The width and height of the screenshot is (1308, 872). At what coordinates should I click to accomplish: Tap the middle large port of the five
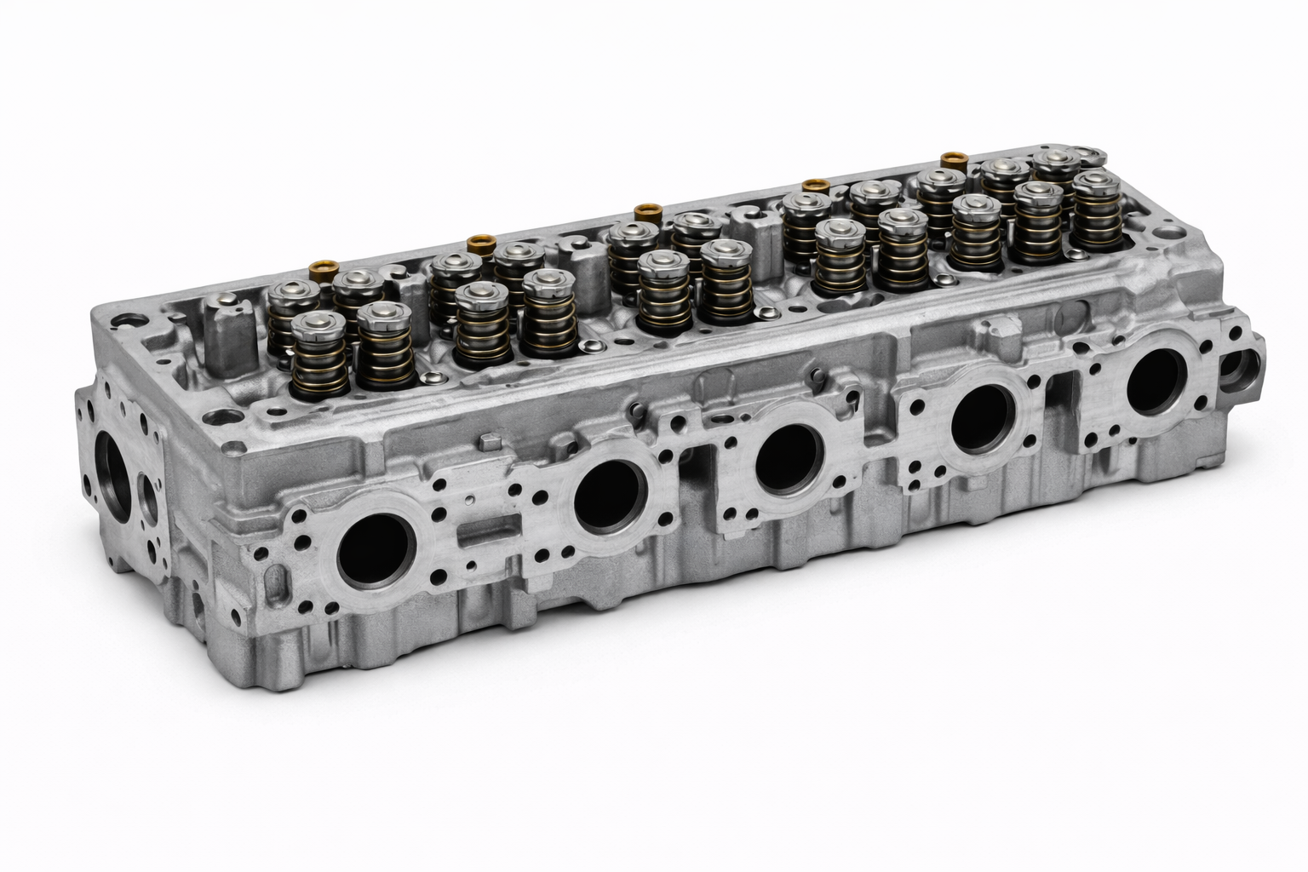point(789,458)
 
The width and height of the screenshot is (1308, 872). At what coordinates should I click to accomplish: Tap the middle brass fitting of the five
point(649,212)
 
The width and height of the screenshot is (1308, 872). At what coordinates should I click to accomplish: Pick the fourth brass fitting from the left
point(816,186)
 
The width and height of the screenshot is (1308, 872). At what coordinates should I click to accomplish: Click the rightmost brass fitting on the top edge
point(951,159)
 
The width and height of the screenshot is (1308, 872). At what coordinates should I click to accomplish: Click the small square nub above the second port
point(487,440)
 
